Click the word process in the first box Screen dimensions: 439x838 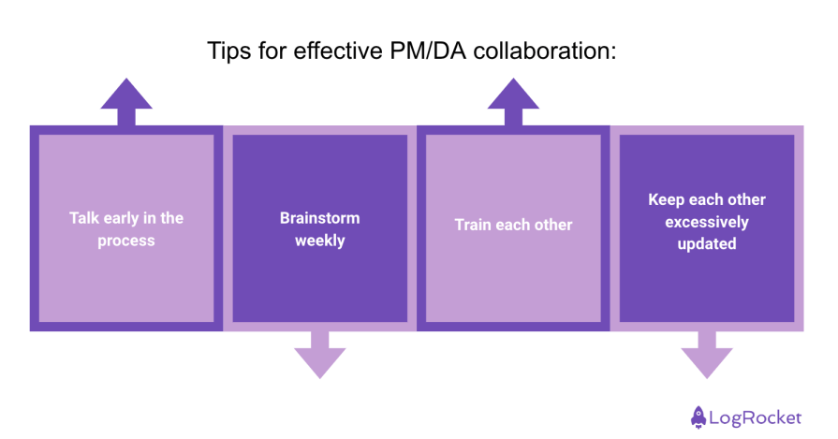[126, 241]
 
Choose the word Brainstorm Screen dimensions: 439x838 [320, 218]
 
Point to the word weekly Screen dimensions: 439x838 [320, 241]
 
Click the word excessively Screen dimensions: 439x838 [707, 222]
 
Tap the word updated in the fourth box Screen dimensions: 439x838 [707, 243]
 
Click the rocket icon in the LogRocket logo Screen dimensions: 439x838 [698, 416]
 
